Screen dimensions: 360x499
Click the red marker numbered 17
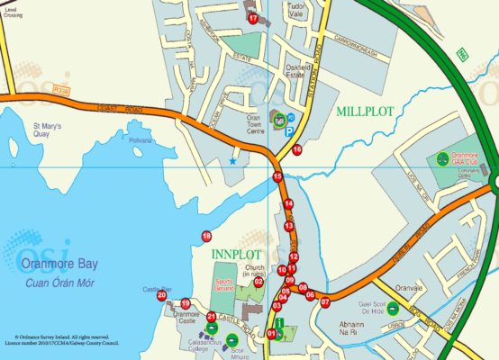tap(253, 18)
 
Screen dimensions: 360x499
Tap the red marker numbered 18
tap(206, 236)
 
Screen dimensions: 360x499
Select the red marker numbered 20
tap(162, 295)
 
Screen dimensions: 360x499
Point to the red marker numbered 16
tap(296, 149)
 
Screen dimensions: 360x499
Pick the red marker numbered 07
tap(325, 301)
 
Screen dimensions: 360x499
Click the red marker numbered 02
tap(259, 282)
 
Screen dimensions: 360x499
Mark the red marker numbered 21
tap(212, 317)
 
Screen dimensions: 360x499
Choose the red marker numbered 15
tap(277, 177)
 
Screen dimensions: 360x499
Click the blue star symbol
tap(233, 161)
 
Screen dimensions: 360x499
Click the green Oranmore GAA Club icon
tap(442, 158)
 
